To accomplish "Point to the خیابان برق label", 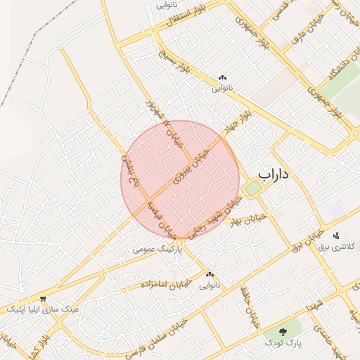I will (x=306, y=236).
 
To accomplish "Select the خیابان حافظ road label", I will (x=247, y=305).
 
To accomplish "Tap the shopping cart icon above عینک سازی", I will (x=44, y=298).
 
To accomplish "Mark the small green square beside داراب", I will (x=252, y=188).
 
